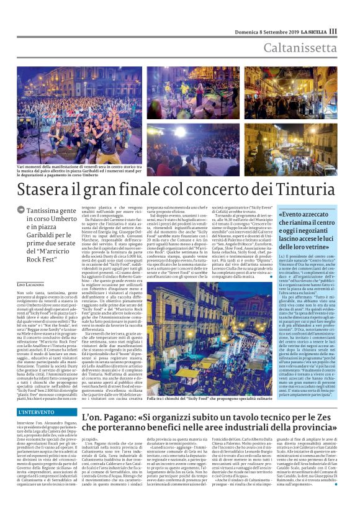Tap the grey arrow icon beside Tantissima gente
21,210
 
